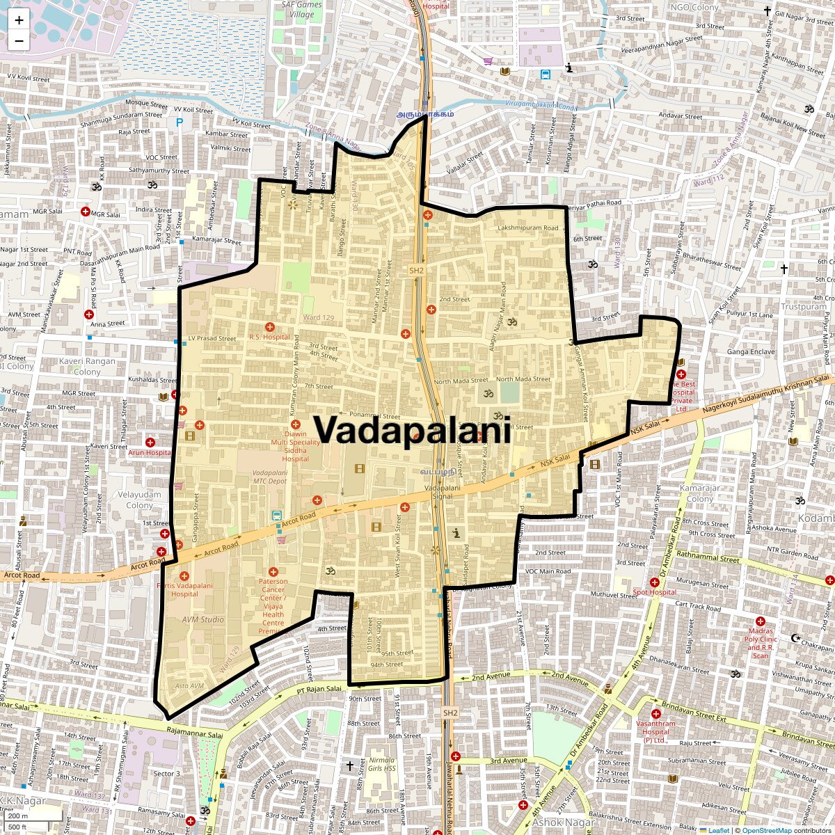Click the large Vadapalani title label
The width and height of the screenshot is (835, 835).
(412, 429)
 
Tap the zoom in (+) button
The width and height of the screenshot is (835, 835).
(19, 20)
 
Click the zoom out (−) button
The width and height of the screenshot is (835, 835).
(19, 40)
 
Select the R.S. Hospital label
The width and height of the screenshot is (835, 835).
(269, 337)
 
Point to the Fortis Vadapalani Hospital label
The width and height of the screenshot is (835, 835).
(184, 589)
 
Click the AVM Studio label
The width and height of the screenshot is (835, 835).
(203, 619)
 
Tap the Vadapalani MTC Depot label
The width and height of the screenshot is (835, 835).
(270, 477)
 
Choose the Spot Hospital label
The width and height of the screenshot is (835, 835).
(654, 593)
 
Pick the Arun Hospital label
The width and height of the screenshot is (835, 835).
(150, 452)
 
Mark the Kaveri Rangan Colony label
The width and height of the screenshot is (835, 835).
(87, 366)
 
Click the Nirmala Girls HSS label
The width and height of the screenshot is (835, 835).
(382, 764)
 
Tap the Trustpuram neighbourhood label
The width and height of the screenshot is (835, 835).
(804, 306)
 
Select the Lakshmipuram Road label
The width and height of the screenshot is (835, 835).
(528, 228)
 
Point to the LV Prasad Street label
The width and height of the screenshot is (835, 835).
(212, 339)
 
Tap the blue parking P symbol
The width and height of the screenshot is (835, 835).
(180, 122)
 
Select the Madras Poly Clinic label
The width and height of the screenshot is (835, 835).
(761, 639)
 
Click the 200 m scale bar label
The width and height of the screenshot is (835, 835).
(19, 816)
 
